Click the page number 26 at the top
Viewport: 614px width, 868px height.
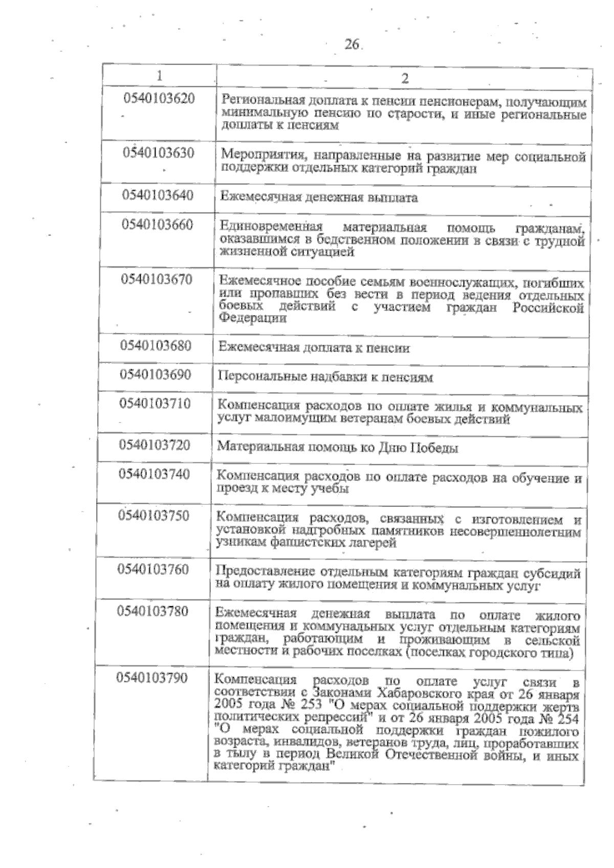click(x=352, y=45)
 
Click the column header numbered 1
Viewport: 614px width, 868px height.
click(x=160, y=76)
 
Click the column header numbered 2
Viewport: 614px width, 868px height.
click(x=404, y=78)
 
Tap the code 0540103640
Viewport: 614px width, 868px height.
click(x=158, y=195)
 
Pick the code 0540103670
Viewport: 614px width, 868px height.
click(x=157, y=279)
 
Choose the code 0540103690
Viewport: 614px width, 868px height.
click(x=156, y=374)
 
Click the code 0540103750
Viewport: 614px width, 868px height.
click(x=154, y=515)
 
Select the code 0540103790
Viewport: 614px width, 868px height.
click(x=152, y=678)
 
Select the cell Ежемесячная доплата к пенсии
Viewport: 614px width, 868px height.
click(x=314, y=349)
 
